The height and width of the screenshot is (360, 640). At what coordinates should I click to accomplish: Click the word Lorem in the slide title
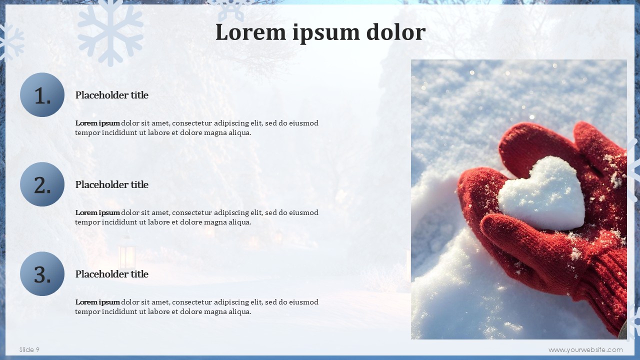250,32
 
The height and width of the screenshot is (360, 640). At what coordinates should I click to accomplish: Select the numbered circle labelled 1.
42,94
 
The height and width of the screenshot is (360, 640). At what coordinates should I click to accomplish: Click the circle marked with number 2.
42,184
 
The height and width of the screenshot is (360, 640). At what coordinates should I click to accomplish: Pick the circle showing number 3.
42,273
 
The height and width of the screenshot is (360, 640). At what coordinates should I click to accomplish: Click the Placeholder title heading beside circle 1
111,95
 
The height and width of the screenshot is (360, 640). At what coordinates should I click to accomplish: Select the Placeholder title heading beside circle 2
111,184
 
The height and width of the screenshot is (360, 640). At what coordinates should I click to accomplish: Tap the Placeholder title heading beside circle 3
111,274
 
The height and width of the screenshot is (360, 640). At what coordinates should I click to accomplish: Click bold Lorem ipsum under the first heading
97,123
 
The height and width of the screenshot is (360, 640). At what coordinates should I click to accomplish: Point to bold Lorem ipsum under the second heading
97,212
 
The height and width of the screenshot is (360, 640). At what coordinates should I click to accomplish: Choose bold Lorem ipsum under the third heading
97,302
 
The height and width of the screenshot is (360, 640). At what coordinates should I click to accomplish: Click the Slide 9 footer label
29,349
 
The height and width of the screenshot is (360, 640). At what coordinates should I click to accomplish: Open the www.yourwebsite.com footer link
585,350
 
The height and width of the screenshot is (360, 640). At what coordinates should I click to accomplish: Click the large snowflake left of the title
110,33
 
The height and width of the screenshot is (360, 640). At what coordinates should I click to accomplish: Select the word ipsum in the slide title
326,33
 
